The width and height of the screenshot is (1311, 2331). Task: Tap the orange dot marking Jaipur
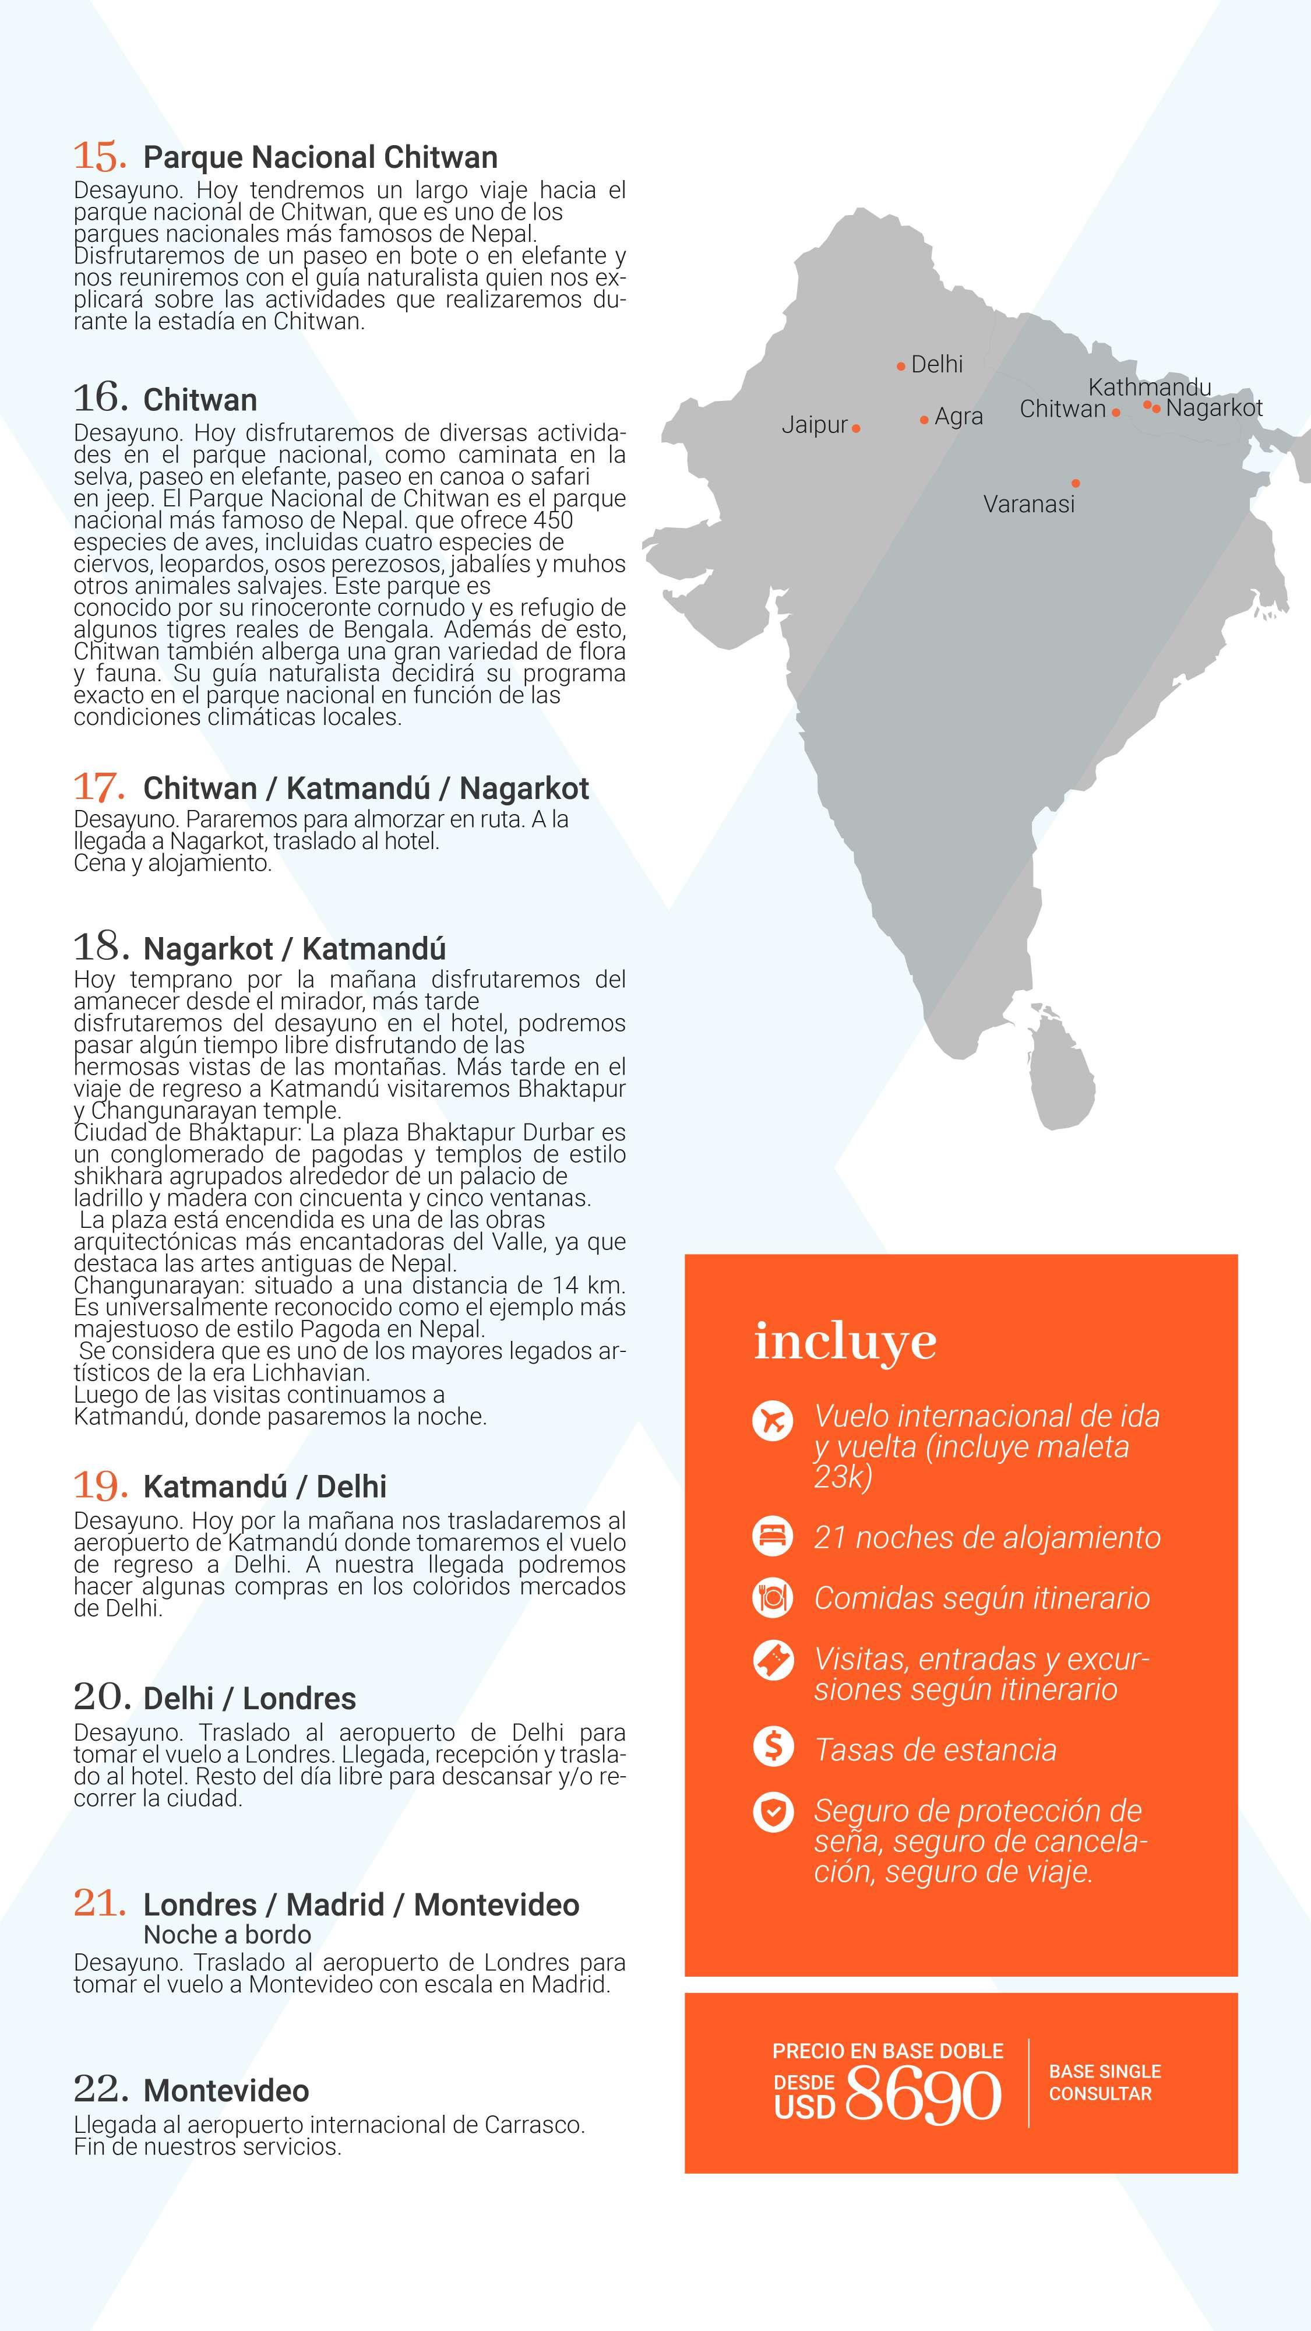(x=856, y=428)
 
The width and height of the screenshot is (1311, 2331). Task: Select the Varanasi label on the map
(x=1029, y=504)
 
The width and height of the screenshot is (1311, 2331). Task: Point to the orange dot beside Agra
(x=924, y=420)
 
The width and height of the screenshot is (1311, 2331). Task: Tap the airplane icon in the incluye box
(x=773, y=1419)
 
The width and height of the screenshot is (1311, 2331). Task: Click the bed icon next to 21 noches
(x=773, y=1537)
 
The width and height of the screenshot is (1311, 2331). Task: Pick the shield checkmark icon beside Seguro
(x=773, y=1812)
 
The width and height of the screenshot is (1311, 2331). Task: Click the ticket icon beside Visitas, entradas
(x=773, y=1659)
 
